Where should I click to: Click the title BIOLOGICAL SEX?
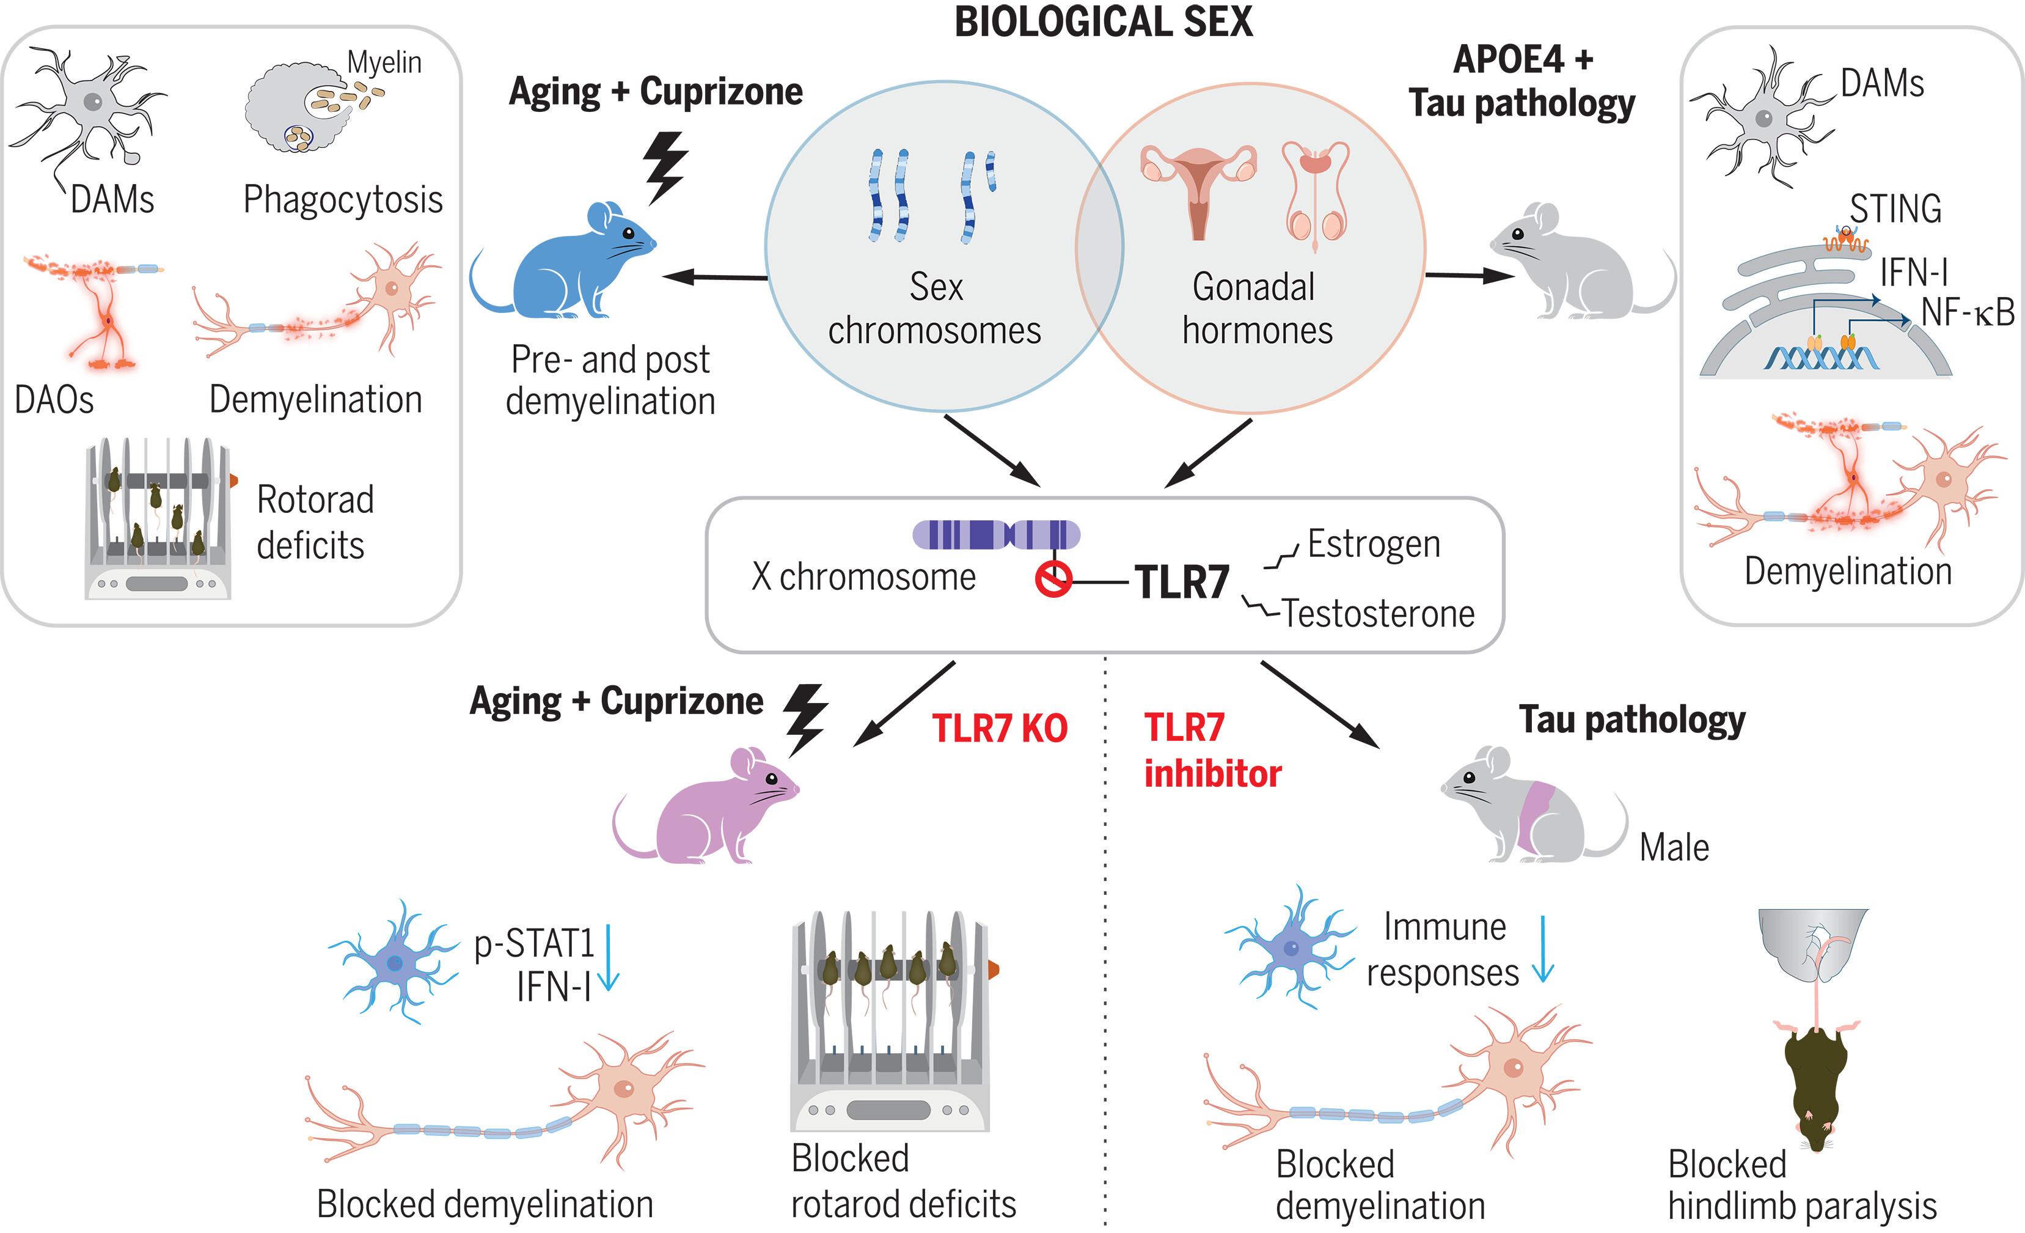(1103, 21)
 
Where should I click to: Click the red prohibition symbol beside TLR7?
(1053, 579)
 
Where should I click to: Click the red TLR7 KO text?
(999, 728)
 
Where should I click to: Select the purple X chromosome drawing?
(996, 534)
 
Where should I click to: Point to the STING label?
(1895, 209)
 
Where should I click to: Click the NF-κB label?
(1968, 312)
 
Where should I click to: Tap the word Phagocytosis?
(343, 200)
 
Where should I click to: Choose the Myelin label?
(384, 62)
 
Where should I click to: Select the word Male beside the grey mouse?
(1674, 847)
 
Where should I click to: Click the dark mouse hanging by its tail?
(1816, 1085)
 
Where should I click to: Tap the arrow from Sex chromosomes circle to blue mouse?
(715, 277)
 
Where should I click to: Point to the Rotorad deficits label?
(315, 522)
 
